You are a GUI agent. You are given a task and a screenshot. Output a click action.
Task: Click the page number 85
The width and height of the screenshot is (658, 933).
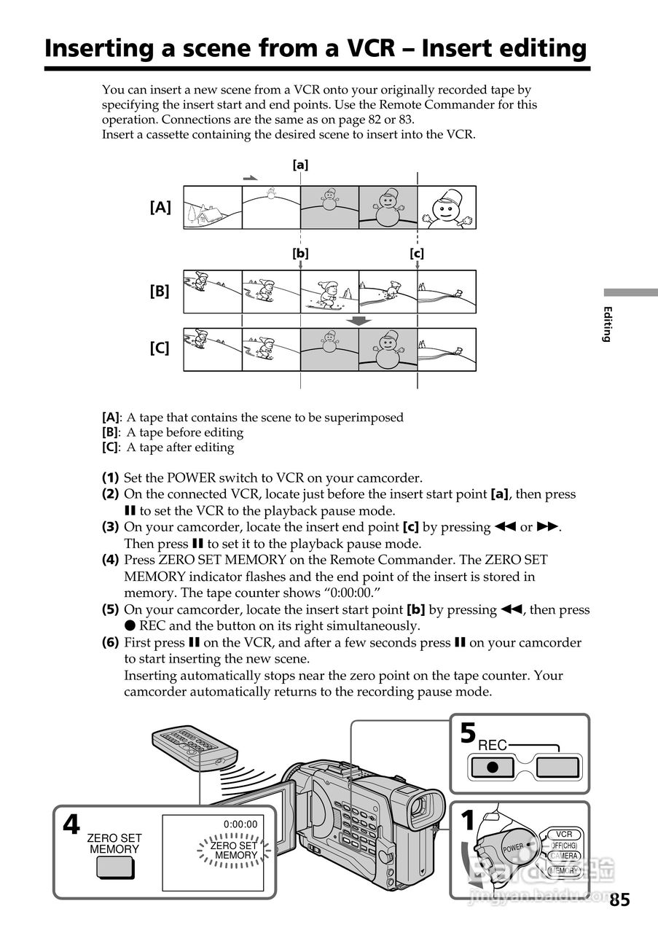(x=619, y=899)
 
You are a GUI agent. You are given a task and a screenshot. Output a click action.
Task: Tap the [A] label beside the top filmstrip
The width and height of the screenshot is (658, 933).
(x=160, y=207)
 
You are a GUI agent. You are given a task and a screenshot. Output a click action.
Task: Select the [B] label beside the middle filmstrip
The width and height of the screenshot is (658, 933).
(x=160, y=292)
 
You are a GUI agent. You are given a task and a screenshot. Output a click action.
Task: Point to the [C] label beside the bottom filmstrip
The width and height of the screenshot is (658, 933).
(x=160, y=348)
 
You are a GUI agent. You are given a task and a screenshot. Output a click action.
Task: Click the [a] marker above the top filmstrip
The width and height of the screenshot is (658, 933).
(x=300, y=165)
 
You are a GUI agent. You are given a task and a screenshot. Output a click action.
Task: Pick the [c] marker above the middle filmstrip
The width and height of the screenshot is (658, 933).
(x=417, y=254)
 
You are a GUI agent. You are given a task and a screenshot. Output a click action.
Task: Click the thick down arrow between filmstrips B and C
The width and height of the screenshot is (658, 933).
(x=358, y=321)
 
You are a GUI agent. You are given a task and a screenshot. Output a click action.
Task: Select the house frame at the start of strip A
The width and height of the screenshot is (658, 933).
(x=212, y=208)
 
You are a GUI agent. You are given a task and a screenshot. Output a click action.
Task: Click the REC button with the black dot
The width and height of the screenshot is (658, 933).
(x=492, y=767)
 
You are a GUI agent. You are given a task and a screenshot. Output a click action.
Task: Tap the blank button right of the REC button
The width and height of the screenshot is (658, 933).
(x=557, y=767)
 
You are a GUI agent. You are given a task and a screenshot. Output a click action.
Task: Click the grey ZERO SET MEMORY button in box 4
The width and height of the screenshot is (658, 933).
(x=114, y=867)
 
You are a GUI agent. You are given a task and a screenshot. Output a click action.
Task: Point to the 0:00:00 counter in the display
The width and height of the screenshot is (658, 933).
(x=240, y=824)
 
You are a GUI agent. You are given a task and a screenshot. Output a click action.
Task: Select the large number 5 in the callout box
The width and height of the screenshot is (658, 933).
(x=468, y=733)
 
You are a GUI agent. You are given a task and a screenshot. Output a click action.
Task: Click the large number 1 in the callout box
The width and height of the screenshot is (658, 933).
(x=468, y=821)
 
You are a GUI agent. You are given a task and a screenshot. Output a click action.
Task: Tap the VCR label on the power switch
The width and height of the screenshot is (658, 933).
(x=563, y=834)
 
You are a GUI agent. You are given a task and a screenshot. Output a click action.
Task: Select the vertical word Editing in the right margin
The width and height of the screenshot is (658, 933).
(x=606, y=324)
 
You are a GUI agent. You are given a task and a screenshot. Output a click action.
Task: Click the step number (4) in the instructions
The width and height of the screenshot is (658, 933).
(x=110, y=560)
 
